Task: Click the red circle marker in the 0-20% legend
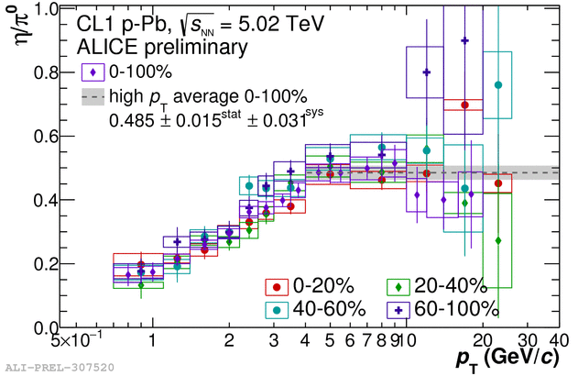click(x=276, y=287)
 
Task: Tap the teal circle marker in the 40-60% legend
click(x=276, y=310)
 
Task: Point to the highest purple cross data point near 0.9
click(x=465, y=40)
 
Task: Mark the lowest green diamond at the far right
click(x=498, y=240)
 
